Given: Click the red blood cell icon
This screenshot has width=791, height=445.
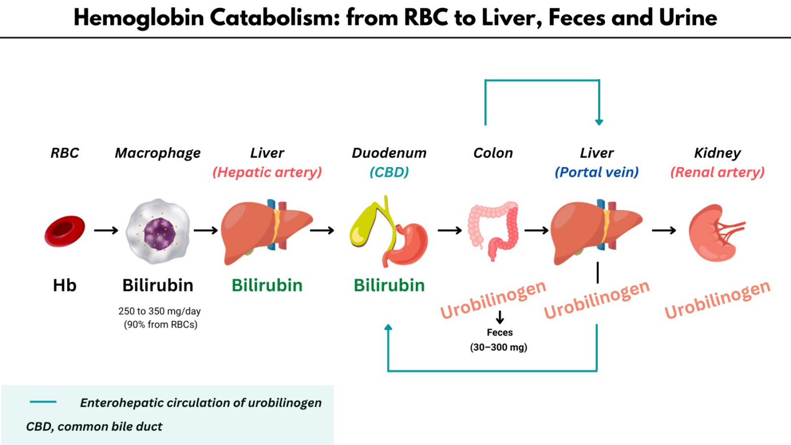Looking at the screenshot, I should tap(64, 230).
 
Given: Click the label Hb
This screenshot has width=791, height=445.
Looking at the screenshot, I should tap(64, 286).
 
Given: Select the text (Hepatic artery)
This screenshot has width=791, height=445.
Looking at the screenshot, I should tap(267, 173).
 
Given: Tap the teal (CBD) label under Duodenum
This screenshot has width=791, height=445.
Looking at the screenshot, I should tap(389, 173).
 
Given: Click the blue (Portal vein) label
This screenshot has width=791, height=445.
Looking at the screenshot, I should tap(597, 173).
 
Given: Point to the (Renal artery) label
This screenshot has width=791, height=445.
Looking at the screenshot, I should tap(717, 173).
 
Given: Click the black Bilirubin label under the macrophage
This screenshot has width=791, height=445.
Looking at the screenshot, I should tap(158, 286).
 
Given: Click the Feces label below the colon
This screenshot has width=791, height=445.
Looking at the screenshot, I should tap(499, 333).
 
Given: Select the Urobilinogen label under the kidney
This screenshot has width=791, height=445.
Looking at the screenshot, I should tap(717, 300).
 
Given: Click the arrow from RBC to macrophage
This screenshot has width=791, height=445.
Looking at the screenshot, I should tap(106, 230).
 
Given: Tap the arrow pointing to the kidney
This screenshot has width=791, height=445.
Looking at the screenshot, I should tap(664, 230).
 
